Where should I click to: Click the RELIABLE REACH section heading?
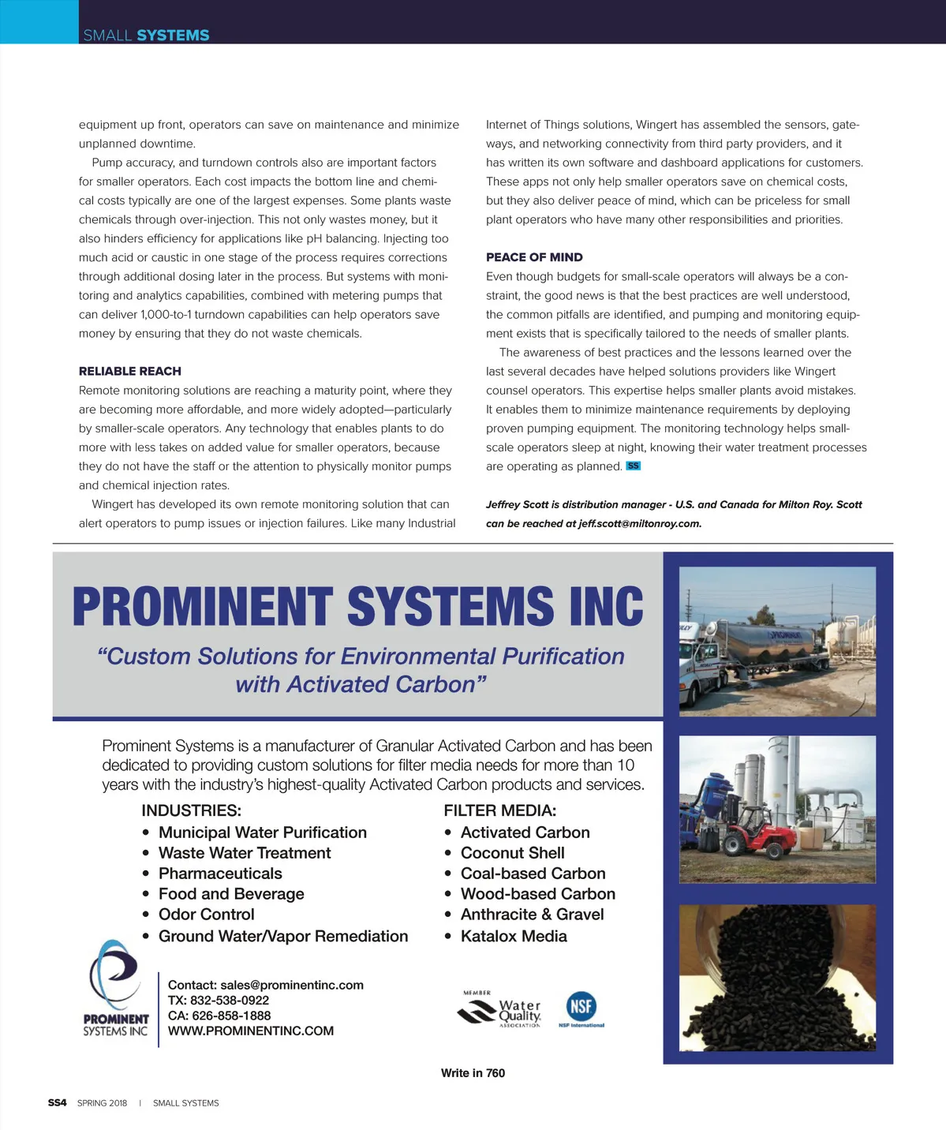[x=130, y=371]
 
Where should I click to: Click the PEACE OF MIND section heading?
[x=534, y=257]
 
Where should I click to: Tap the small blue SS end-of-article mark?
[x=633, y=466]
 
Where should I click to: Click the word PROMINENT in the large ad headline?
[x=202, y=607]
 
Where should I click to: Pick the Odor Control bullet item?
[x=206, y=915]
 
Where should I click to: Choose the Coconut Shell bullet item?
[x=512, y=853]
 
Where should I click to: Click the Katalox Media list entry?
[x=514, y=937]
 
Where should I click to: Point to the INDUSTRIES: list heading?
[x=191, y=810]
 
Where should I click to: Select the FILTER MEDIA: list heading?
[x=499, y=810]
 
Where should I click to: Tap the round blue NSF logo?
[x=581, y=1007]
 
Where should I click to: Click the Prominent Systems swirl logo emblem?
[x=114, y=974]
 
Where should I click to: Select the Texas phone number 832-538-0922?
[x=230, y=1001]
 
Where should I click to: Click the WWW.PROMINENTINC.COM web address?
[x=251, y=1031]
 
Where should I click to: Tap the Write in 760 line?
[x=473, y=1073]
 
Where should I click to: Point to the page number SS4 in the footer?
[x=58, y=1103]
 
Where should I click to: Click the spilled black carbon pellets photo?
[x=777, y=978]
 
